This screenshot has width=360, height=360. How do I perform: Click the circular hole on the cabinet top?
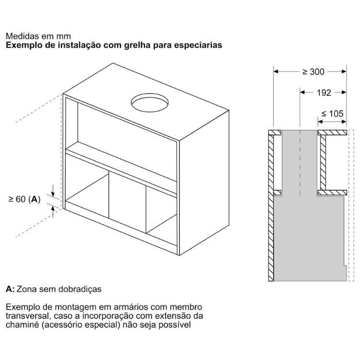click(150, 103)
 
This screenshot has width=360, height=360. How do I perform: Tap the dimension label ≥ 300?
click(313, 72)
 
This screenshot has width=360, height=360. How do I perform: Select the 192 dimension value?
click(324, 93)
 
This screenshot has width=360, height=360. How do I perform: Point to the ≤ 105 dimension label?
click(332, 114)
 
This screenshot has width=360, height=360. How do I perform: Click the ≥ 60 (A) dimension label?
click(24, 199)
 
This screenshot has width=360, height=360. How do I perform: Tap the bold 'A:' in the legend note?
click(10, 289)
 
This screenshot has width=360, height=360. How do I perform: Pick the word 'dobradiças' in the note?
click(80, 289)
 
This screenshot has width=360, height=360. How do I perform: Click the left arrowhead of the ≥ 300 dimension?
click(276, 72)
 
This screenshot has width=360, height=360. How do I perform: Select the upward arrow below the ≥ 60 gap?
click(53, 212)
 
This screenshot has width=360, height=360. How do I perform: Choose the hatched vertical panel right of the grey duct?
click(323, 163)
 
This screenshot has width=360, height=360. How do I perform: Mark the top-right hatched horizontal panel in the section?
click(332, 132)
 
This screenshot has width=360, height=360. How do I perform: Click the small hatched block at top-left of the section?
click(275, 132)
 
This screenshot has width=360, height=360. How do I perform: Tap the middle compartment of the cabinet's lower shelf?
click(127, 202)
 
